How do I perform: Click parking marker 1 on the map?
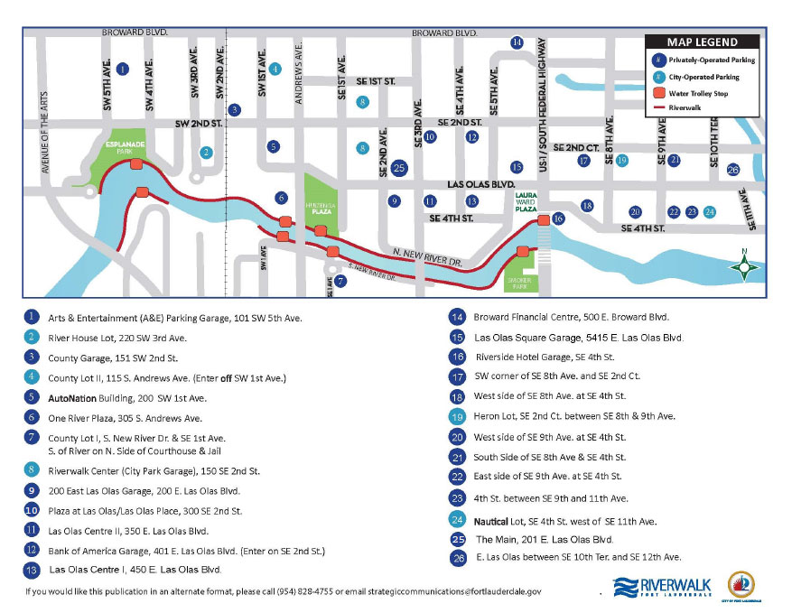[123, 69]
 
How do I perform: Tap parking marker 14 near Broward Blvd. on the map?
[517, 42]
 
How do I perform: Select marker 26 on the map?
[733, 170]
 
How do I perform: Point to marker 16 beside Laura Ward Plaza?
[558, 218]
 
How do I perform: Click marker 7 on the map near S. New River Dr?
[340, 281]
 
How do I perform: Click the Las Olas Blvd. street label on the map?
[480, 182]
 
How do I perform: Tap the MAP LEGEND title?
[702, 42]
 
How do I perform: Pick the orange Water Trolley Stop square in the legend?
[660, 93]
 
